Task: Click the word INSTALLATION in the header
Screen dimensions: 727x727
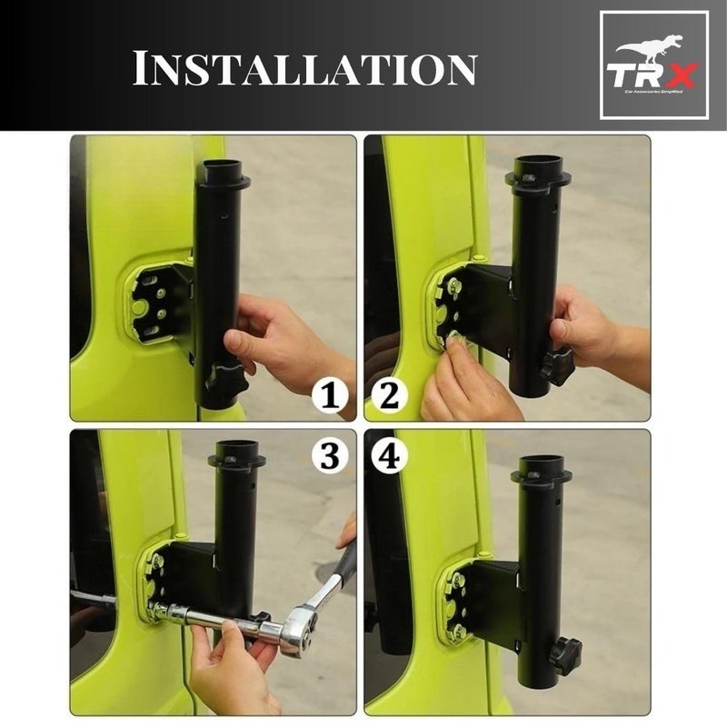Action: pyautogui.click(x=304, y=69)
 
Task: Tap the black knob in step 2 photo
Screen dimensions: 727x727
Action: pyautogui.click(x=556, y=364)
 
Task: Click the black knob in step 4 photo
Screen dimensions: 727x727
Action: pyautogui.click(x=564, y=651)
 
